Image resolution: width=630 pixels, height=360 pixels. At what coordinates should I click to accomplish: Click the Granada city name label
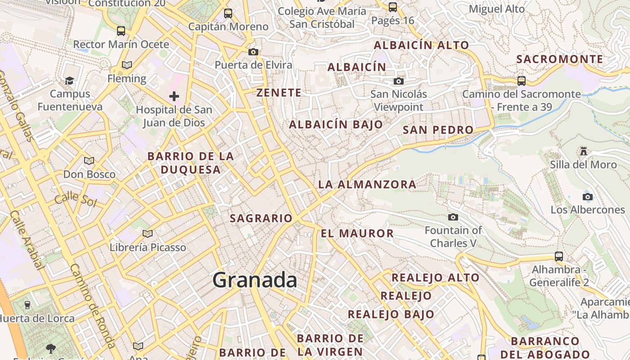click(x=255, y=280)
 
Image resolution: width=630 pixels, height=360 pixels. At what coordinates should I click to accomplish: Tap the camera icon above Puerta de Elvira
click(x=253, y=52)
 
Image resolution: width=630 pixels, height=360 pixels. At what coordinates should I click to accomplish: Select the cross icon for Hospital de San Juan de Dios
click(x=174, y=96)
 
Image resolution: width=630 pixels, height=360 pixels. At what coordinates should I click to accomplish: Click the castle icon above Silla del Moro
click(x=584, y=150)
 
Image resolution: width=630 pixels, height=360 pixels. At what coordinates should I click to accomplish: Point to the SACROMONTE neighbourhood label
click(x=559, y=59)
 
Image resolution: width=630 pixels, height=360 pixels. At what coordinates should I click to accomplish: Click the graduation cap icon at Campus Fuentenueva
click(x=69, y=81)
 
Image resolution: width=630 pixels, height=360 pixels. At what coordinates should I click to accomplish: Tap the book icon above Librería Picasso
click(x=148, y=233)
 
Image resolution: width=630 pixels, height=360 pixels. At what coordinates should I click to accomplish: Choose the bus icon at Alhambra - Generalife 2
click(x=559, y=256)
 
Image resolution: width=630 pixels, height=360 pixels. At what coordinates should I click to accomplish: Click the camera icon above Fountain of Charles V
click(x=453, y=217)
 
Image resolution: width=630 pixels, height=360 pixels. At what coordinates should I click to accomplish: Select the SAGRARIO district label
click(x=261, y=218)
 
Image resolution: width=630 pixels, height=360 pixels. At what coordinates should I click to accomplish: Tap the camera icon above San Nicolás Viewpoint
click(x=398, y=81)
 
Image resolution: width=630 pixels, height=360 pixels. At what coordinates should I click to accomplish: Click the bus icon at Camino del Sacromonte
click(x=522, y=81)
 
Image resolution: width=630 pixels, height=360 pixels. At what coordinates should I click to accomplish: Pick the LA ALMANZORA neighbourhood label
click(x=367, y=184)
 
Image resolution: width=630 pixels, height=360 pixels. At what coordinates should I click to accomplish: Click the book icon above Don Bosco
click(x=89, y=161)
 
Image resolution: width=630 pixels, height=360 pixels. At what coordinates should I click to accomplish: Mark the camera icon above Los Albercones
click(x=587, y=197)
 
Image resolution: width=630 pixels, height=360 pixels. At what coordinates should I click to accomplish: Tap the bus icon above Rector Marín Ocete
click(x=121, y=31)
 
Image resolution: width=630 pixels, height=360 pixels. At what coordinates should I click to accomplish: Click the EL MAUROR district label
click(x=357, y=233)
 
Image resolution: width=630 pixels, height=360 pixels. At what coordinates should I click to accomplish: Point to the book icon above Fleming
click(x=127, y=65)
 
